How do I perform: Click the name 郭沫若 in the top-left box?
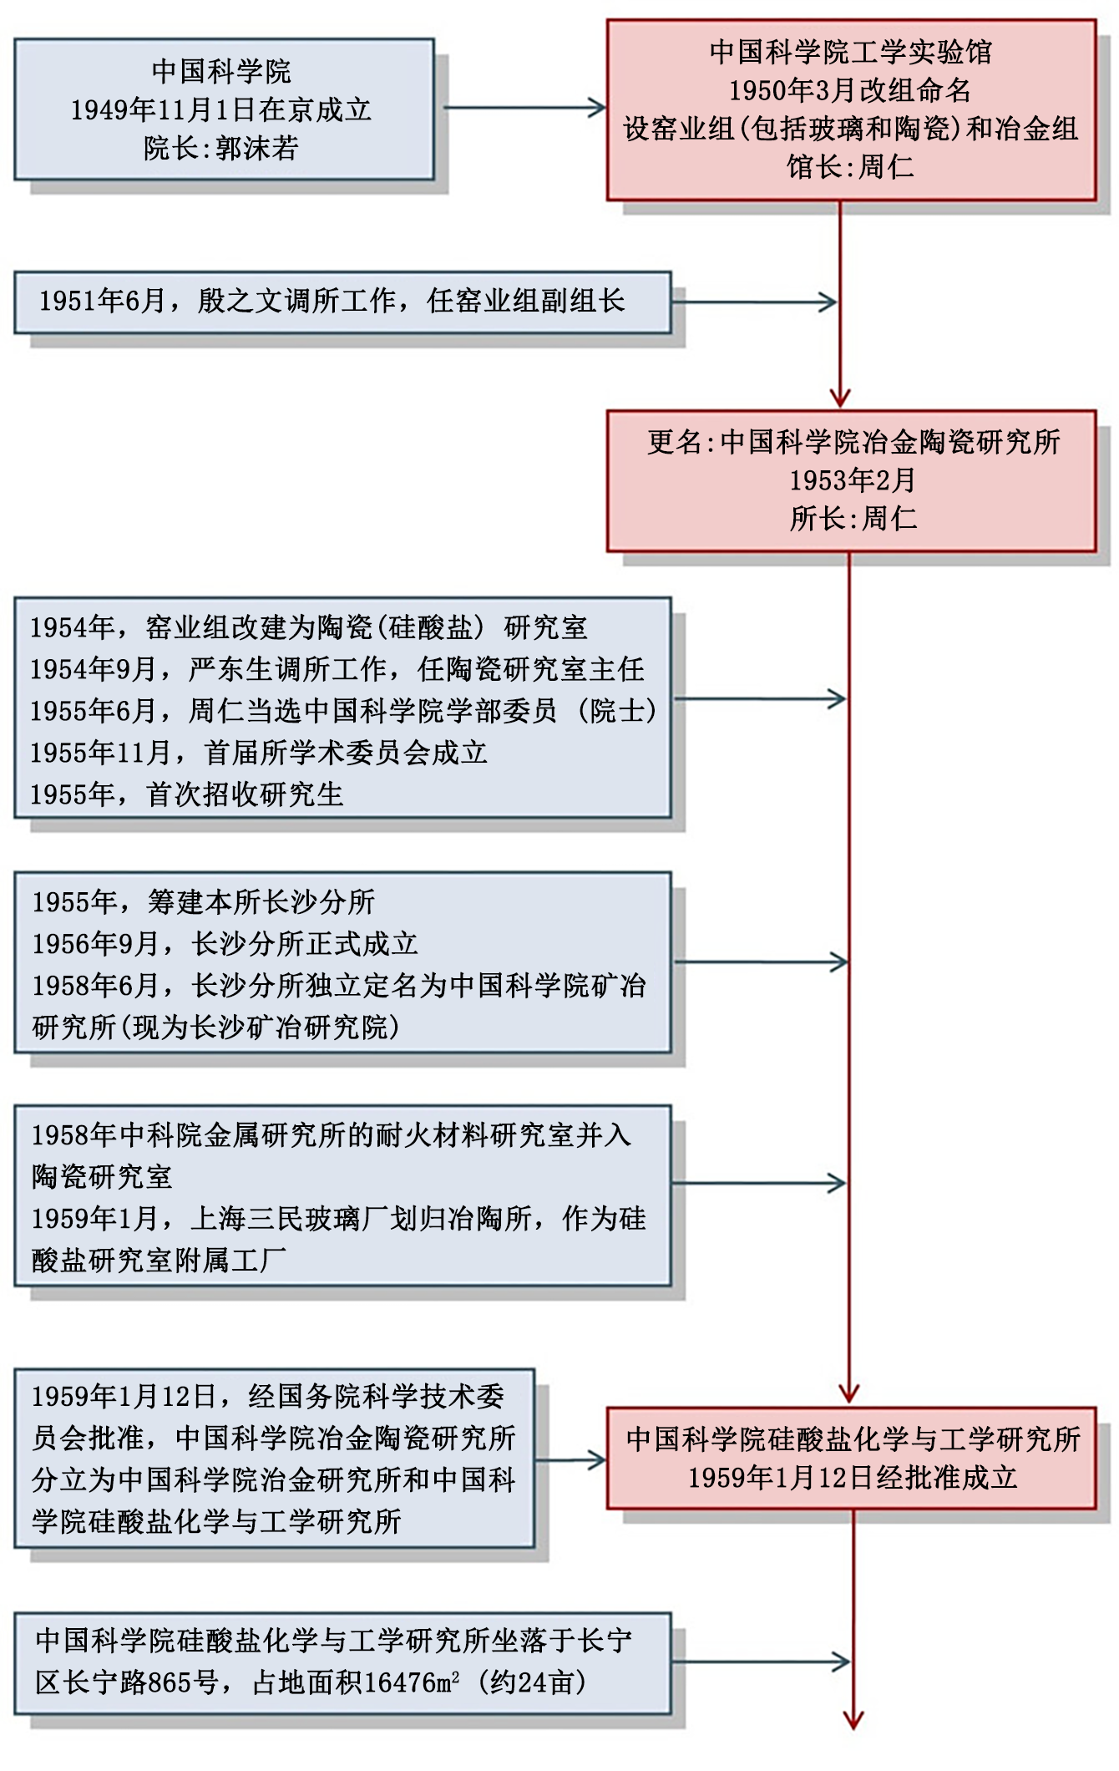click(x=257, y=148)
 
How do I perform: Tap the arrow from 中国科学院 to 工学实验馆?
click(x=524, y=108)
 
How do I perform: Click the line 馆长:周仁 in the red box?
click(x=850, y=166)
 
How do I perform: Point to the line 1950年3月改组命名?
click(x=850, y=89)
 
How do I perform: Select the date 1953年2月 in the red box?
click(x=853, y=480)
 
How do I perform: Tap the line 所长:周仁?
click(x=853, y=518)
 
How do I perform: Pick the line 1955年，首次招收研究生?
click(x=187, y=794)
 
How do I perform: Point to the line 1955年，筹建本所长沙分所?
click(x=204, y=901)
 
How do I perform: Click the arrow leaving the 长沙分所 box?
click(x=760, y=962)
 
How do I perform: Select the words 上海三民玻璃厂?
click(x=288, y=1218)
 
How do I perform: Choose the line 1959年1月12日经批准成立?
click(x=853, y=1477)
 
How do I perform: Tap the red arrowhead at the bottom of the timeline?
click(x=853, y=1718)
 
